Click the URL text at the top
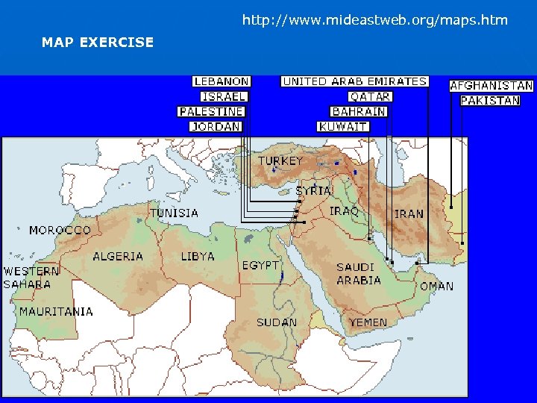(x=375, y=20)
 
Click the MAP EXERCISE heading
(x=98, y=43)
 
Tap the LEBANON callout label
(x=222, y=81)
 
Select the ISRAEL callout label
(x=224, y=96)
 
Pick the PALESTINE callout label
(x=212, y=111)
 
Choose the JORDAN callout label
(x=216, y=126)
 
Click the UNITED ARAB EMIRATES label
(x=354, y=81)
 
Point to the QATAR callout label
(x=370, y=96)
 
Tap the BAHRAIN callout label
(x=359, y=111)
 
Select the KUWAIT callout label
(x=343, y=126)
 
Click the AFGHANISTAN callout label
(x=492, y=86)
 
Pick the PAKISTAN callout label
(x=490, y=100)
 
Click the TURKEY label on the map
(x=280, y=161)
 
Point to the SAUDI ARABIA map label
(x=359, y=274)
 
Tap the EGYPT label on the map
(x=260, y=266)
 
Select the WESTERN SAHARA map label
(x=31, y=278)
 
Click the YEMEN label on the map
(x=368, y=322)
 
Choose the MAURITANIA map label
(x=56, y=311)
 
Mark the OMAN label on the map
(x=436, y=286)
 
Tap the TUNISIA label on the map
(x=175, y=213)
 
